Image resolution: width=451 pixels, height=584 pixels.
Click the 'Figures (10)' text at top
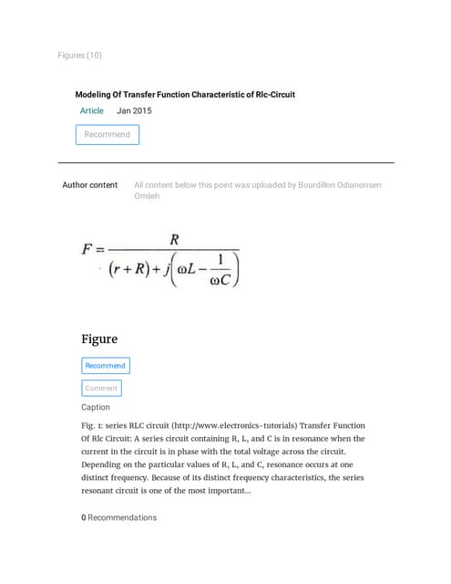tap(79, 56)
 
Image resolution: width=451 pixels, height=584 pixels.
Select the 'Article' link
tap(92, 111)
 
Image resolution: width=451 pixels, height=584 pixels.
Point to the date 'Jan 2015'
tap(134, 111)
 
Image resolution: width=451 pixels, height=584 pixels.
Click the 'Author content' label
tap(89, 185)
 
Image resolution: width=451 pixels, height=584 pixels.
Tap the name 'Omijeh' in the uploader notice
tap(147, 196)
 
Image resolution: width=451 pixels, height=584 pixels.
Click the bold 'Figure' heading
tap(99, 339)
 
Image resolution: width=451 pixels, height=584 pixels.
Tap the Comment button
tap(100, 388)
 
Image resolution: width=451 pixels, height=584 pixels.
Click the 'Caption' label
tap(96, 408)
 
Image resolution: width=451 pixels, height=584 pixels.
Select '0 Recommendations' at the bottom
tap(118, 517)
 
